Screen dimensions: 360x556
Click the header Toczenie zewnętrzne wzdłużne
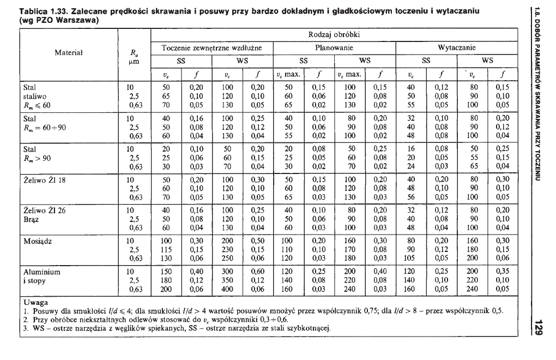click(x=211, y=48)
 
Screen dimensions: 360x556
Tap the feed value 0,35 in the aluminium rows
click(x=504, y=271)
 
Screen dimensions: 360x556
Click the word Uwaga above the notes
click(x=34, y=302)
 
